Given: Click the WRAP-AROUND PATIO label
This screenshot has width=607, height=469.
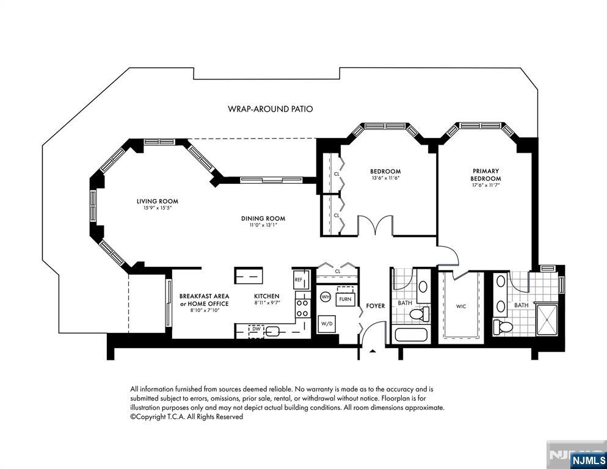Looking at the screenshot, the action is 270,109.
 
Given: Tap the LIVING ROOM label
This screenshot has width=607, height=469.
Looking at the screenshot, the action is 157,201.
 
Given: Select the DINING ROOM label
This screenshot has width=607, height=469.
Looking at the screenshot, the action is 263,219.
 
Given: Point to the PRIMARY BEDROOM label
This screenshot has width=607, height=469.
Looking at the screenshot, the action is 486,175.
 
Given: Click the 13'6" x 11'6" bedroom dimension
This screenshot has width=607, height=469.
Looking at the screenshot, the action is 385,178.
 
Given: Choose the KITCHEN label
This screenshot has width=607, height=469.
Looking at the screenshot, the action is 267,296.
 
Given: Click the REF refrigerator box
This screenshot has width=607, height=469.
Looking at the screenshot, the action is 301,279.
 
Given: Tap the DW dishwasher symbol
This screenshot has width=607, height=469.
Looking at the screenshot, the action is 256,329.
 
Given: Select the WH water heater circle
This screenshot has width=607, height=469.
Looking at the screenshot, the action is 325,297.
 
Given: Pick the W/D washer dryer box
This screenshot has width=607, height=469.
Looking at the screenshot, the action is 326,324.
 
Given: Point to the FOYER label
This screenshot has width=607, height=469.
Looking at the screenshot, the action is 376,306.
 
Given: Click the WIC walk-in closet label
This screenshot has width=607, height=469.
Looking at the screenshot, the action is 461,307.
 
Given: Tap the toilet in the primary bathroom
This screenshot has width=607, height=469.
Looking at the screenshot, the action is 503,327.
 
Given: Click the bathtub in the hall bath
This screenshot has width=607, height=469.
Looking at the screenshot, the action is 411,335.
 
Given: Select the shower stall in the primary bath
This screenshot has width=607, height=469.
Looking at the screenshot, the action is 547,320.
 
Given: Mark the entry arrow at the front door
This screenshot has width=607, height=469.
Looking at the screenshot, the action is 373,351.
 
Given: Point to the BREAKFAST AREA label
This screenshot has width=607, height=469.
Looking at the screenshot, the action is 204,296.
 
